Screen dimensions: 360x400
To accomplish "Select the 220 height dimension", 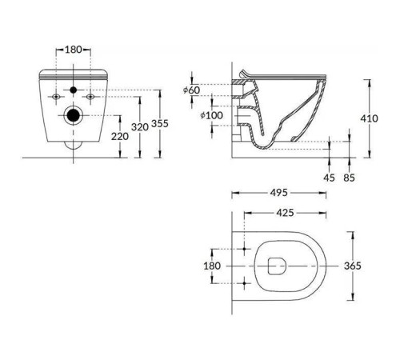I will tap(120, 136).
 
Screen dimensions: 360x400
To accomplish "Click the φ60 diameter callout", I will tap(190, 90).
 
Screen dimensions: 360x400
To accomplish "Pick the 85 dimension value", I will tap(350, 177).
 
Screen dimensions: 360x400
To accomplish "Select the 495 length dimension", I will tap(279, 193).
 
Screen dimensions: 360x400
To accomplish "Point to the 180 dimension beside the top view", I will tap(212, 265).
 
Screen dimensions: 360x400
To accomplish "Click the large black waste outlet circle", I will tap(74, 114).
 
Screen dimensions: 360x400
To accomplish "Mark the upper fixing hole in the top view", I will tap(246, 249).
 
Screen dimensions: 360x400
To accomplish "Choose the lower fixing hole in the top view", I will tap(246, 282).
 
